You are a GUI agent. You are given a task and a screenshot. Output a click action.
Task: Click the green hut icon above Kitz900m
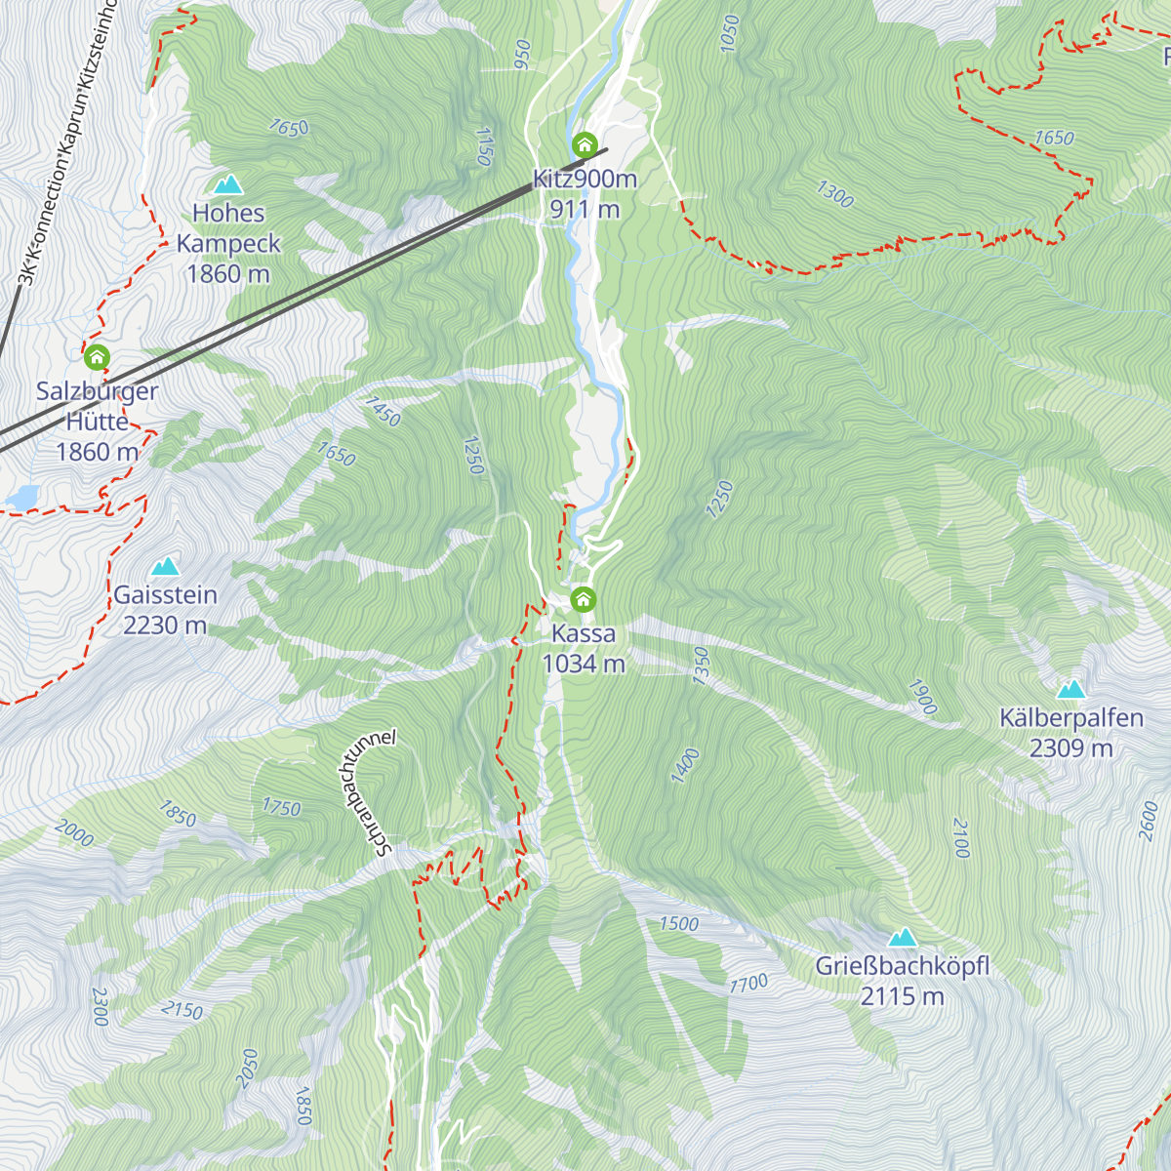tap(585, 145)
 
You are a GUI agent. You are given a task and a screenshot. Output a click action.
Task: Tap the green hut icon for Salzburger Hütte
tap(97, 357)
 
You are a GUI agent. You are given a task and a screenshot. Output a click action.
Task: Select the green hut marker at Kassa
tap(584, 598)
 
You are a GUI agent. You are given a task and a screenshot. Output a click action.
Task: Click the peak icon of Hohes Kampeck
tap(228, 183)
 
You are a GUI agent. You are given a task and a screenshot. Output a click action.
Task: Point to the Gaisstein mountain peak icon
tap(165, 566)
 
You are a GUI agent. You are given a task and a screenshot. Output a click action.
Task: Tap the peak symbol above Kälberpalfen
tap(1071, 689)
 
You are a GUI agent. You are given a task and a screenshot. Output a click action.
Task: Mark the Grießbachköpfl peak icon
tap(902, 938)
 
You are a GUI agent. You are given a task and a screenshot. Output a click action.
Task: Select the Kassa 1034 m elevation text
tap(584, 664)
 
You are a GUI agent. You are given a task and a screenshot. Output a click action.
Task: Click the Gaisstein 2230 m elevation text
tap(165, 625)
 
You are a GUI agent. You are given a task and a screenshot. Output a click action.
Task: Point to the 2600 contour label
tap(1150, 820)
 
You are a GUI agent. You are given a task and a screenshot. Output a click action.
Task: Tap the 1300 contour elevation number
tap(834, 195)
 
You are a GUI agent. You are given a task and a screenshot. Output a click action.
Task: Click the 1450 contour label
tap(382, 411)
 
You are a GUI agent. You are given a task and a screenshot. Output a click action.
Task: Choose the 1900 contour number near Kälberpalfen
tap(921, 697)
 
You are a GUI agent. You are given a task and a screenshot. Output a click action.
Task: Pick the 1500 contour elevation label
tap(678, 923)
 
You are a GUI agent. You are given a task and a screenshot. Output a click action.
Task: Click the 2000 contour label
tap(74, 833)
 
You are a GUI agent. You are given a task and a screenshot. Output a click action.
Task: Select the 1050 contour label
tap(729, 34)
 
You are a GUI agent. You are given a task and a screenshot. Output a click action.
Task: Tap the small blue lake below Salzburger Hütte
tap(21, 498)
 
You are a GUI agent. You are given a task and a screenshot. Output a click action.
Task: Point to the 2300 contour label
tap(100, 1006)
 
